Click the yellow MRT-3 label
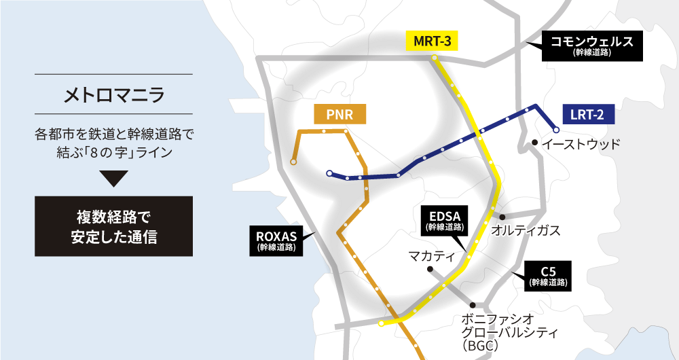coord(432,41)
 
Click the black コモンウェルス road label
coord(592,46)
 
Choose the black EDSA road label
coord(445,221)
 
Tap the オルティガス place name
coord(526,230)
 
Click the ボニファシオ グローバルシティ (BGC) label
coord(499,331)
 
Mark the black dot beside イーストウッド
coord(535,143)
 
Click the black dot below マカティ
coord(430,270)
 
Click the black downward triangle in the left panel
coord(114,179)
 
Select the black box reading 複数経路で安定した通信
coord(114,227)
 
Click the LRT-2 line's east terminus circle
coord(555,129)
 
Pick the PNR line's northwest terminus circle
coord(293,162)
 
